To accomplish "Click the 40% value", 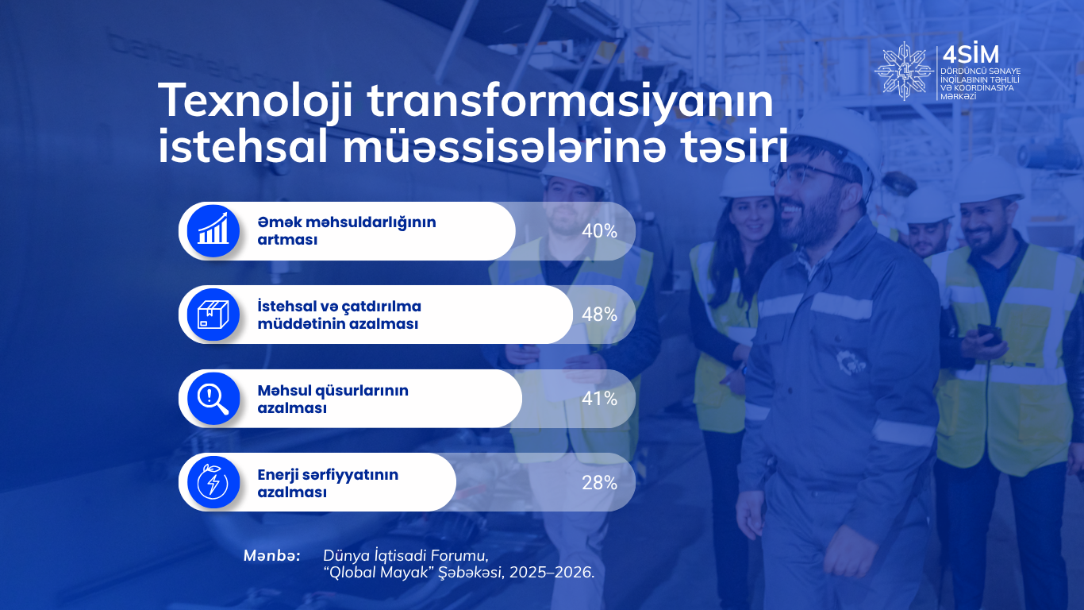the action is [599, 231].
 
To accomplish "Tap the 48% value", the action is [599, 315].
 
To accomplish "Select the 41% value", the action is [599, 399].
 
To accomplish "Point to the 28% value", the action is [599, 483].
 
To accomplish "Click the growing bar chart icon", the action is [213, 230].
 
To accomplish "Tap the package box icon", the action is [213, 315].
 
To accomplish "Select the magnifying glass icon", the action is [213, 399].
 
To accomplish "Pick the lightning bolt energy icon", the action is [213, 482].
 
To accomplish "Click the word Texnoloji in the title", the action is [255, 102].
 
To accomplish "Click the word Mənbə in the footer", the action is [271, 556].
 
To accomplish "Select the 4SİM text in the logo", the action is [971, 56].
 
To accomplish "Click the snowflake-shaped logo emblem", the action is [904, 71].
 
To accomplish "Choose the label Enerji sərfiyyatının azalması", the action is [328, 483].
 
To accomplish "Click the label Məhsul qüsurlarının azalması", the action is [333, 399].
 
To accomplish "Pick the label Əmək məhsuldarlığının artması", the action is [347, 230].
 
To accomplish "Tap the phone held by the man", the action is [989, 334].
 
